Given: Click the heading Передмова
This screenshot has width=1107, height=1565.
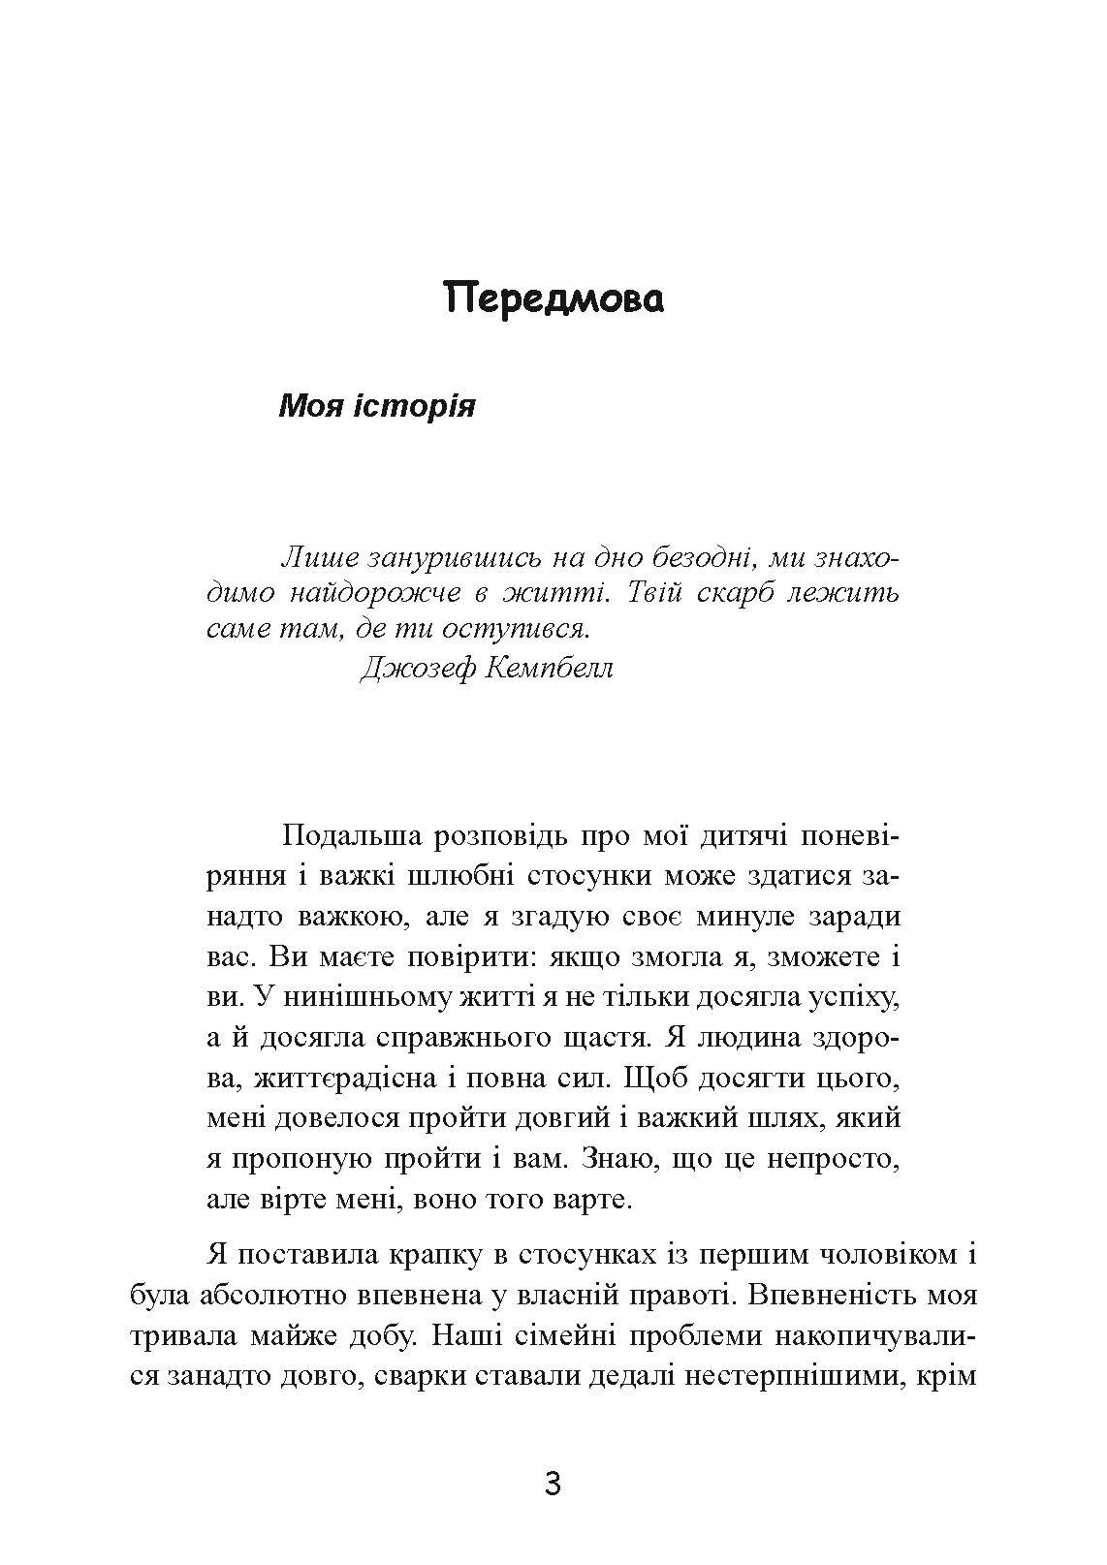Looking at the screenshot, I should coord(553,300).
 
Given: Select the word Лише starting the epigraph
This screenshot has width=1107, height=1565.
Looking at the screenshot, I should coord(311,559).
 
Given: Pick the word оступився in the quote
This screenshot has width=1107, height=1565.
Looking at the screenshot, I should coord(515,629).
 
